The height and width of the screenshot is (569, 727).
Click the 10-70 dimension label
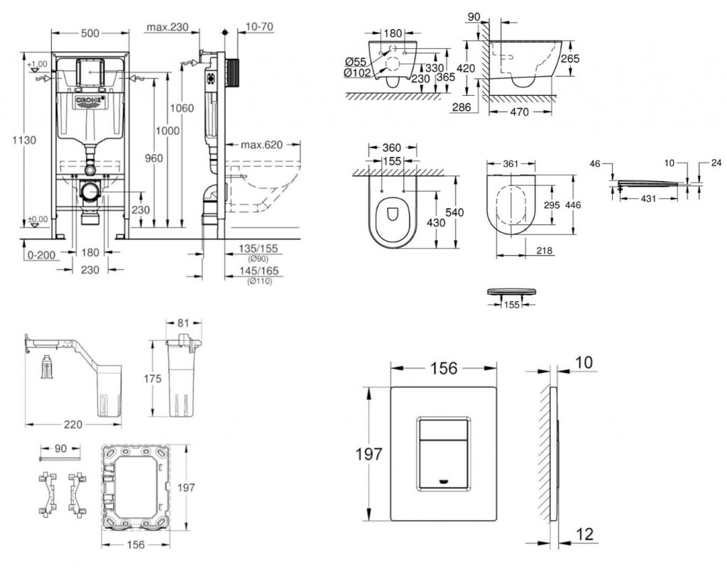[260, 28]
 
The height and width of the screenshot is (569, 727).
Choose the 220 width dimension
[73, 424]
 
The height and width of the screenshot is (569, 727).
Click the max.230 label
[167, 28]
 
